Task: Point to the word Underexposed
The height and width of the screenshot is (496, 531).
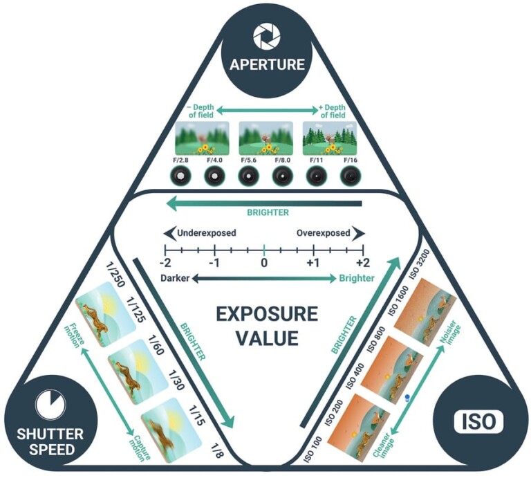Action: [x=207, y=233]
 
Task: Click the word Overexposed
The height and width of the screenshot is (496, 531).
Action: [x=323, y=233]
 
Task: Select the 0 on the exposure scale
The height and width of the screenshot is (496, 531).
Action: [x=263, y=263]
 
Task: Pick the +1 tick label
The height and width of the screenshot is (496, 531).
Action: [x=313, y=263]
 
